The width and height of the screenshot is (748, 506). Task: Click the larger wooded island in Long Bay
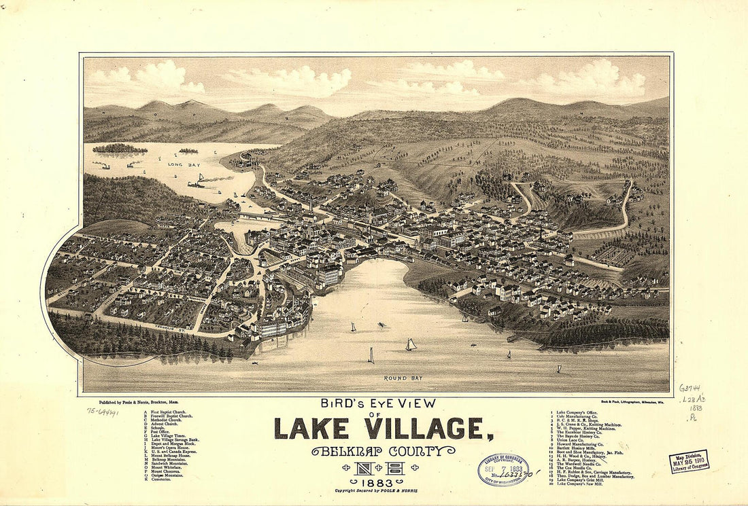(x=119, y=148)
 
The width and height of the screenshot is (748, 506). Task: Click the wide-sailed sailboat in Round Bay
(x=410, y=345)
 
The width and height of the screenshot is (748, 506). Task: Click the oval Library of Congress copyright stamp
(x=503, y=469)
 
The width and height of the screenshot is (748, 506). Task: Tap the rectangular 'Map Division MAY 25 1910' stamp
(x=689, y=460)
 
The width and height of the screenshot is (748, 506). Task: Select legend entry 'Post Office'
(x=160, y=432)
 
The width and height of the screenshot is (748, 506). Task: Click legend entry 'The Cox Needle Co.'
(x=574, y=468)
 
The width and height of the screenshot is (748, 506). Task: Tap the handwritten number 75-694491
(x=103, y=412)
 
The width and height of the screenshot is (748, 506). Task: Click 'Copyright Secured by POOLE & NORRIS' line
(x=376, y=490)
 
